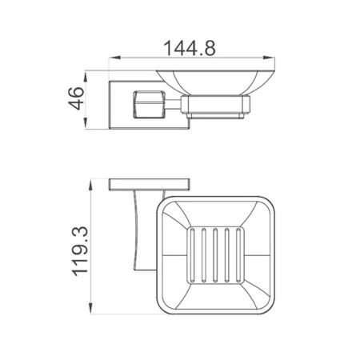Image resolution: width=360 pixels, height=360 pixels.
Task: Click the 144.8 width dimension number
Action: [x=190, y=48]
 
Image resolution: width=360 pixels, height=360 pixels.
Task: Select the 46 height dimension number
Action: [x=76, y=98]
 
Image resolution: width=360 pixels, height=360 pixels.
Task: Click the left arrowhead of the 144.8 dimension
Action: [x=115, y=58]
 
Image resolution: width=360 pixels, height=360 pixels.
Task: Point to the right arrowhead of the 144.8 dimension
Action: [x=269, y=58]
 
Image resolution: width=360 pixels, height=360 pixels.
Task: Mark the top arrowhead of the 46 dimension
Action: [x=86, y=77]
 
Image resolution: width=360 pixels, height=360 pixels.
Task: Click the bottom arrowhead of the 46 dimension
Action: [x=86, y=123]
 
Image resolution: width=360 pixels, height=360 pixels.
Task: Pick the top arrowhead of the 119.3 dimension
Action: [x=91, y=186]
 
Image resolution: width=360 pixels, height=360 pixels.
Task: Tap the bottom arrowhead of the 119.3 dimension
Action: [x=91, y=308]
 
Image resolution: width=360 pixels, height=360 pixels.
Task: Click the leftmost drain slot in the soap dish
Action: [x=193, y=255]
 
